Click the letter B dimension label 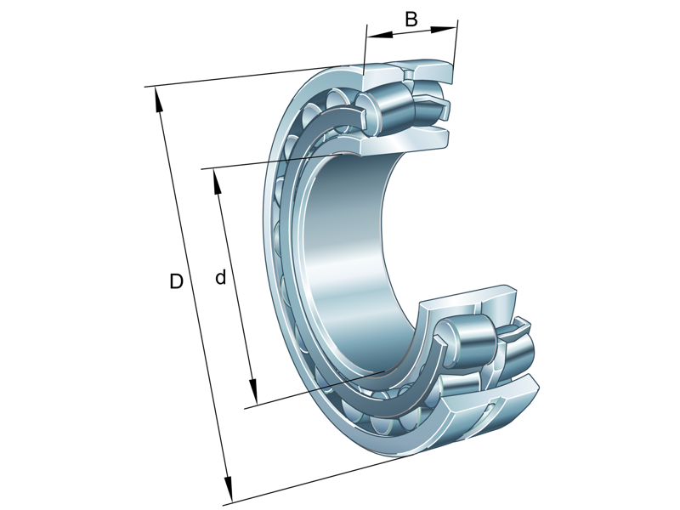click(411, 19)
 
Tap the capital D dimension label click(176, 281)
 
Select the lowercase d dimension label click(221, 277)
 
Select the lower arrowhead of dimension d click(252, 395)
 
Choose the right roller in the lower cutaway click(518, 350)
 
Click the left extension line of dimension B click(365, 51)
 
